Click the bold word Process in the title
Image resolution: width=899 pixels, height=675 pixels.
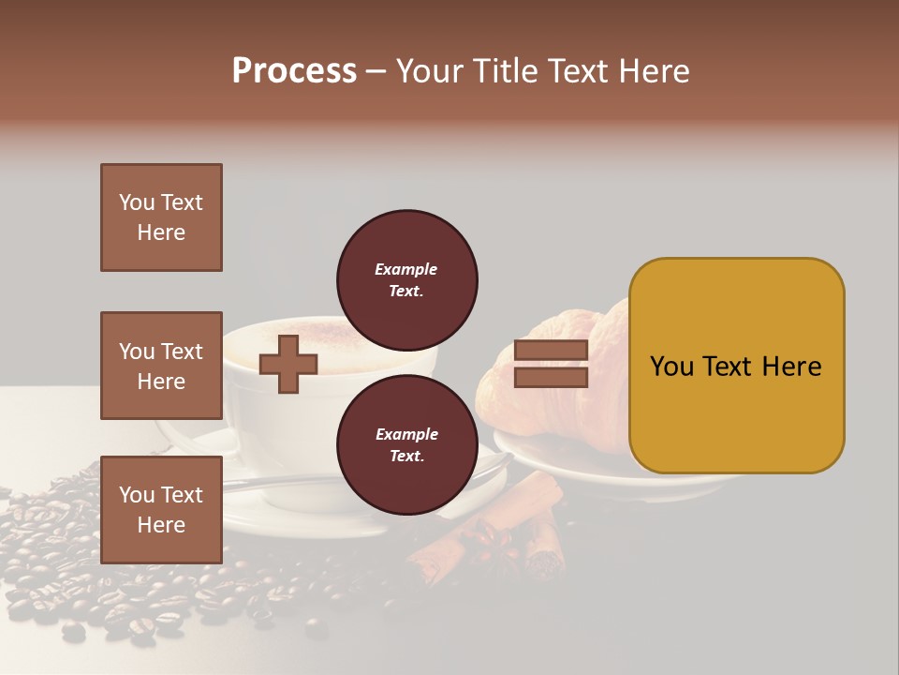tap(294, 71)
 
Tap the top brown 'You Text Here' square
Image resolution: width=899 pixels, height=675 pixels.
tap(161, 217)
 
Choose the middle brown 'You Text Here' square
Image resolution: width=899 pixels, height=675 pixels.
tap(161, 366)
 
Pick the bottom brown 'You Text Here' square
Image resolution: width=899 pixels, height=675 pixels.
tap(161, 509)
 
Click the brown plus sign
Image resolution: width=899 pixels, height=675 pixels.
tap(288, 364)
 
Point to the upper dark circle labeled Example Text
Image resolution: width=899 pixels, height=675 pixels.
tap(407, 280)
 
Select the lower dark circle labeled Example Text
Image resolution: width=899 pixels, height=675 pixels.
tap(407, 445)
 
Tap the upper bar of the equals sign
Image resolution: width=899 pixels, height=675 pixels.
tap(551, 351)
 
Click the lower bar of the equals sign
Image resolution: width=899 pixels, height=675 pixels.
tap(551, 377)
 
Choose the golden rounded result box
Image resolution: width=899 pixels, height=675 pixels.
tap(736, 366)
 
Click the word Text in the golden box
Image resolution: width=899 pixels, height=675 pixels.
tap(735, 367)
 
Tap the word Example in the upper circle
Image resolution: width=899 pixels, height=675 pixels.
tap(406, 270)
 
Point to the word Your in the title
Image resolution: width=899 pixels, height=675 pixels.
tap(429, 71)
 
